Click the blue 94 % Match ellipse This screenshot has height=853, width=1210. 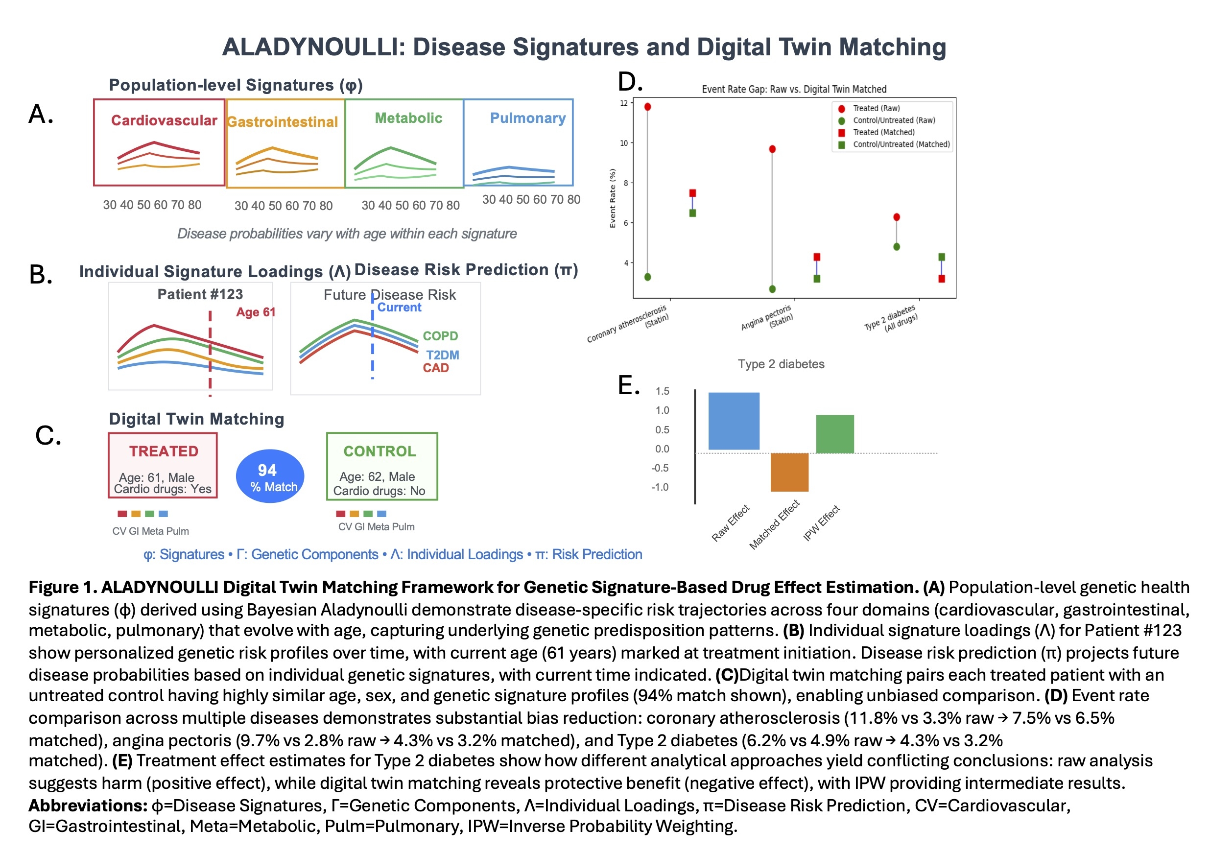coord(270,476)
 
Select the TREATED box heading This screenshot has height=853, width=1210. coord(164,451)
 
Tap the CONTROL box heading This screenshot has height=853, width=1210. coord(380,451)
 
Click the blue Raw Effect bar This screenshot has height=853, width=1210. coord(734,421)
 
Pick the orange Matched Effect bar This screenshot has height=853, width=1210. coord(789,472)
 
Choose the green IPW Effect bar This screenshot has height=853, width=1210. coord(835,434)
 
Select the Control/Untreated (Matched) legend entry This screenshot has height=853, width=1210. coord(901,144)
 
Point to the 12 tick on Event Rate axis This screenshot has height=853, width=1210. coord(623,103)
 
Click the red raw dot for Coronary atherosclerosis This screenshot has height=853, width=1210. coord(648,107)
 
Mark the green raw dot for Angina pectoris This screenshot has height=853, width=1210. coord(772,289)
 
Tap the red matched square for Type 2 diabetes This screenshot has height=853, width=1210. coord(941,279)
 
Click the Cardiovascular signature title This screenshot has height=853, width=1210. coord(164,120)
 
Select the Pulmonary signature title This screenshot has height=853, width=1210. coord(527,118)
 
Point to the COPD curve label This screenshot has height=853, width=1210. coord(440,336)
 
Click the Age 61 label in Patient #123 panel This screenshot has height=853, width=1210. coord(256,312)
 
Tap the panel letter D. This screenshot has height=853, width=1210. coord(630,82)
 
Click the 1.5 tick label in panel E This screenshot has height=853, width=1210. coord(662,391)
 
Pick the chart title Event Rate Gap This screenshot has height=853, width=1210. coord(794,90)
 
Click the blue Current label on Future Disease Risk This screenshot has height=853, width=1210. coord(399,307)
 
